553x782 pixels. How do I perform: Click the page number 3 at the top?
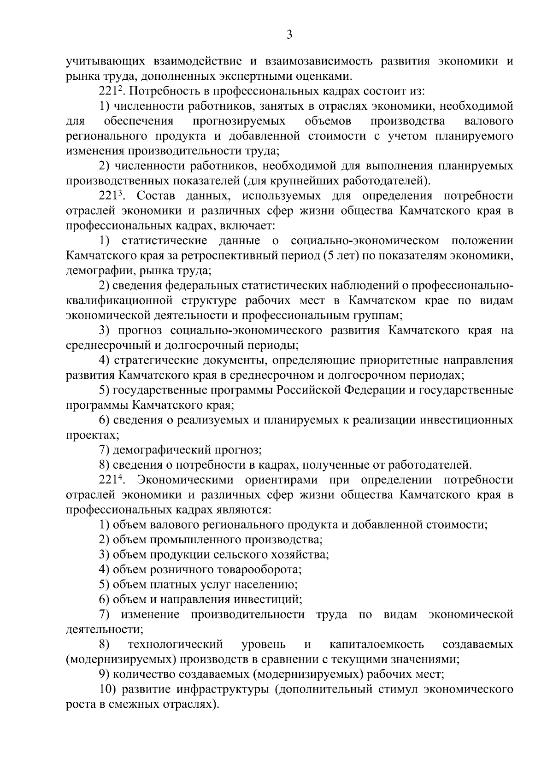point(289,35)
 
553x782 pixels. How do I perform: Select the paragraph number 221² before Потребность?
point(109,91)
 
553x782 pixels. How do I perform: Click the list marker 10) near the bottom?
point(106,689)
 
